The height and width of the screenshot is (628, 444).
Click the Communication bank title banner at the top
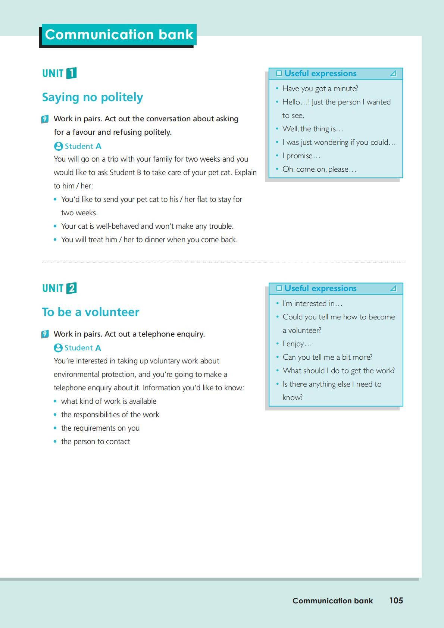[x=119, y=35]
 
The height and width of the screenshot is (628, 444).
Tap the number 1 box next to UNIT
[x=71, y=73]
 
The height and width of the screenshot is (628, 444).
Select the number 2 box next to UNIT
[x=71, y=288]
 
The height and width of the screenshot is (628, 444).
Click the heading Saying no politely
[x=93, y=97]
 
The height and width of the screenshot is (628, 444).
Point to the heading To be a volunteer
[x=91, y=312]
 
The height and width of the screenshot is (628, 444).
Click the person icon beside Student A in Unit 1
[x=58, y=146]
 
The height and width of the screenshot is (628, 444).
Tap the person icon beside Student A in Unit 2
[x=58, y=348]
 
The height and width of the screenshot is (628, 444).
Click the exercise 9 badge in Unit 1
[x=45, y=119]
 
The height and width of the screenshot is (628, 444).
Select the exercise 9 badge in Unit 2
[x=45, y=334]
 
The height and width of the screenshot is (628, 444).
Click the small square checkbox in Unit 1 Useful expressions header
[x=279, y=74]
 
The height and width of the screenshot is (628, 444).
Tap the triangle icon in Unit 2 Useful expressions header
[x=393, y=288]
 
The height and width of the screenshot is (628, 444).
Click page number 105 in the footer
[x=396, y=600]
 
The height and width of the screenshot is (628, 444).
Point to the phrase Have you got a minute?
[x=320, y=89]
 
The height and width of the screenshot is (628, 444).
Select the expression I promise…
[x=301, y=156]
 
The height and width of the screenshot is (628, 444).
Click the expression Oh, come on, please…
[x=319, y=169]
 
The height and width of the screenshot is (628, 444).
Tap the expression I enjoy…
[x=297, y=344]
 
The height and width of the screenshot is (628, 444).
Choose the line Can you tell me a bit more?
[x=327, y=357]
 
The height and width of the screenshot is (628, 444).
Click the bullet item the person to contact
[x=96, y=442]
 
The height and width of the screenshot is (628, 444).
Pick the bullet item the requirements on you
[x=100, y=428]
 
